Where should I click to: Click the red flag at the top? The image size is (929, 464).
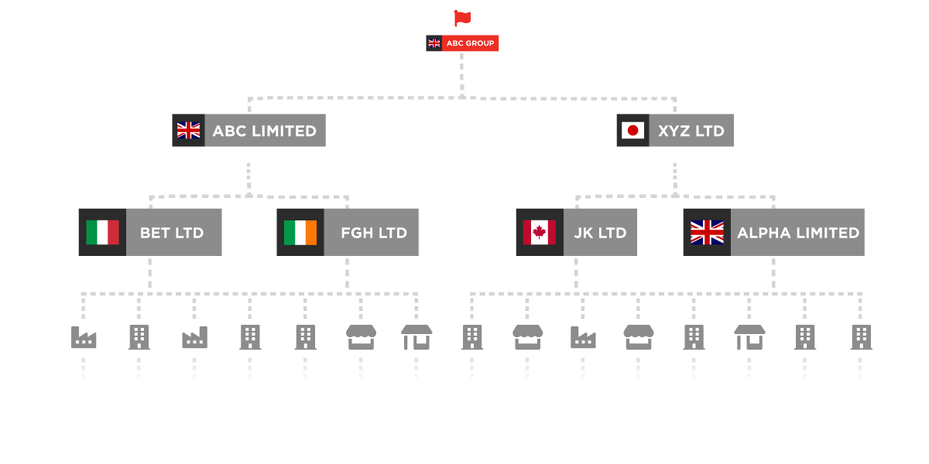(x=462, y=17)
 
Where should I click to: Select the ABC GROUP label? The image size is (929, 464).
(x=470, y=43)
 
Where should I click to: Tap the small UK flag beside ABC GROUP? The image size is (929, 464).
(x=434, y=43)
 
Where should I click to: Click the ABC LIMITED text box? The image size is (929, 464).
(x=265, y=131)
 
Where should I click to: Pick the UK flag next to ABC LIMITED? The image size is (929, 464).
(x=188, y=131)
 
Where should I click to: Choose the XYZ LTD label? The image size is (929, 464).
(x=691, y=131)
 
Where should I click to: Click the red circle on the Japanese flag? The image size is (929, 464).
(x=632, y=131)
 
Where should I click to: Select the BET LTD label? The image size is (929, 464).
(x=172, y=233)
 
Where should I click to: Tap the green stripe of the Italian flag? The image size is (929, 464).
(x=91, y=233)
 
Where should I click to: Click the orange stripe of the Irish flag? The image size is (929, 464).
(x=311, y=233)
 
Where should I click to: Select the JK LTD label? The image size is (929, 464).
(x=600, y=233)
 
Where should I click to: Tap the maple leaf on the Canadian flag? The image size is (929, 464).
(x=540, y=233)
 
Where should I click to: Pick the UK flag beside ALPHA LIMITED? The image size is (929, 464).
(x=707, y=233)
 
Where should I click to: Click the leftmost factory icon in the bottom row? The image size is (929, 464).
(x=84, y=337)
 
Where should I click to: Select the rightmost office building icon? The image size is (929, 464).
(x=861, y=337)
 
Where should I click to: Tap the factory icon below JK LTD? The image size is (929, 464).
(x=583, y=337)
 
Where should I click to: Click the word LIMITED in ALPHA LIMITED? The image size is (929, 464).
(x=829, y=233)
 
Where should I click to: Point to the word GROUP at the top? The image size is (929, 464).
(x=480, y=43)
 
